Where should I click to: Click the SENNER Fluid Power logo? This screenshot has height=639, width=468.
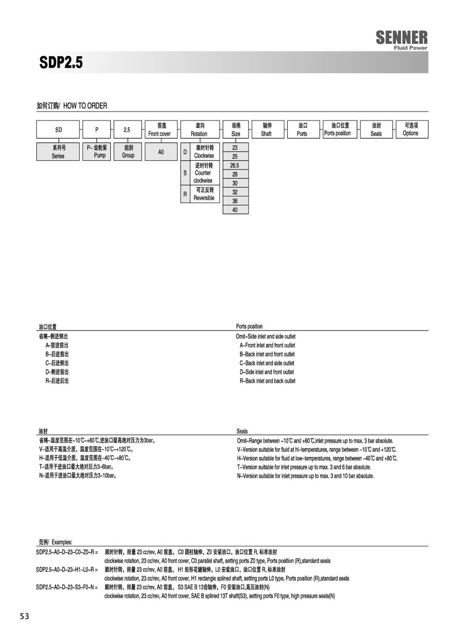pyautogui.click(x=402, y=39)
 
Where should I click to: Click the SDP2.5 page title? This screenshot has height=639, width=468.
pyautogui.click(x=61, y=63)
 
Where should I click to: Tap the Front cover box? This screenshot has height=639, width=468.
pyautogui.click(x=160, y=130)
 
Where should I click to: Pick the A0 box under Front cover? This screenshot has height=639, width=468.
pyautogui.click(x=161, y=152)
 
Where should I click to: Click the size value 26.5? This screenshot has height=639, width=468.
pyautogui.click(x=235, y=166)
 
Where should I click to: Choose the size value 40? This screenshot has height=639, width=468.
pyautogui.click(x=235, y=210)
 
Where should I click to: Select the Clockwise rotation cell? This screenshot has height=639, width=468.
pyautogui.click(x=205, y=152)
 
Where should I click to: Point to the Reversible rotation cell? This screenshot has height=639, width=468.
pyautogui.click(x=205, y=194)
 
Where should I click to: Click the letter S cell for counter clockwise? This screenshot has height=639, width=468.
pyautogui.click(x=185, y=173)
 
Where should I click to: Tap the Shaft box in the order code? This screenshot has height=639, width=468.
pyautogui.click(x=266, y=130)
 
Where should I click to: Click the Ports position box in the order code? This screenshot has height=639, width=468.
pyautogui.click(x=337, y=130)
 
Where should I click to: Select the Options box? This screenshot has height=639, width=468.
pyautogui.click(x=410, y=130)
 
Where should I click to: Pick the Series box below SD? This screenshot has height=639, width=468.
pyautogui.click(x=58, y=152)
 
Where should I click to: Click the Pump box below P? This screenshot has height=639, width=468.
pyautogui.click(x=97, y=152)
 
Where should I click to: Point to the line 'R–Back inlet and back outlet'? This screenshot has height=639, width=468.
pyautogui.click(x=267, y=381)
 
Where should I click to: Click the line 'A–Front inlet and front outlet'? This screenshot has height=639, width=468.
pyautogui.click(x=267, y=346)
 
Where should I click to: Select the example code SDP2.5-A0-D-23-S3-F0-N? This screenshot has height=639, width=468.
pyautogui.click(x=67, y=587)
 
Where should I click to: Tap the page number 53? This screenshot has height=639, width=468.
pyautogui.click(x=24, y=616)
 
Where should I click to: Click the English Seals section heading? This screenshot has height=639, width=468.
pyautogui.click(x=242, y=431)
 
